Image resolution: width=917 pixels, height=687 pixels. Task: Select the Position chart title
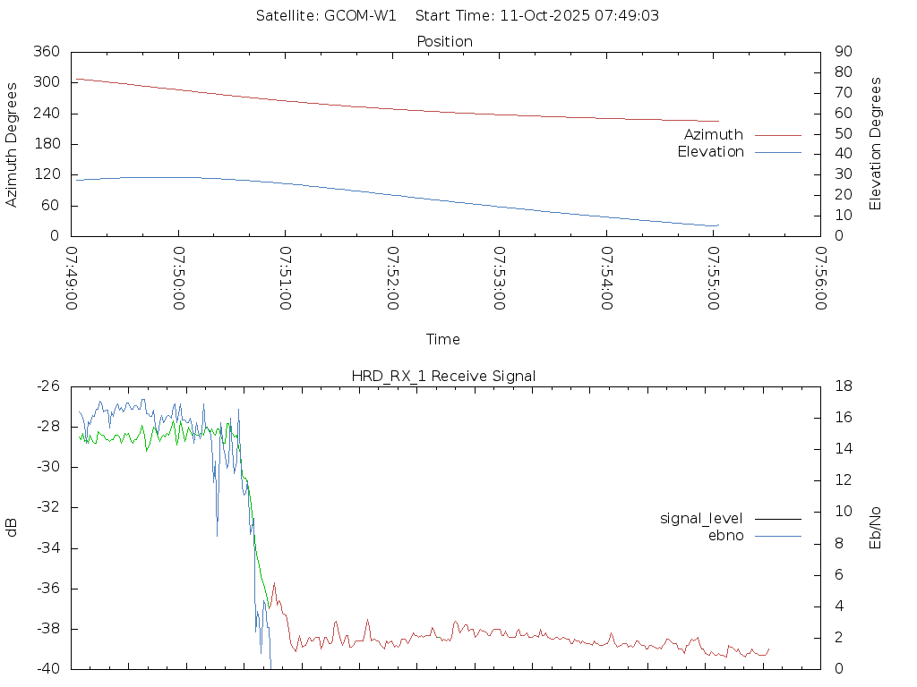(x=445, y=41)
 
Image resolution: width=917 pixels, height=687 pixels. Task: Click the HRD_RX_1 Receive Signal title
(x=443, y=376)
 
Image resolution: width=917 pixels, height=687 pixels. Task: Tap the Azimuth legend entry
(x=714, y=135)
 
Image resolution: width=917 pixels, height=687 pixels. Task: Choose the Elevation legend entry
(x=710, y=152)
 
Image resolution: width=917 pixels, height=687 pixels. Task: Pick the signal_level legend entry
(x=701, y=518)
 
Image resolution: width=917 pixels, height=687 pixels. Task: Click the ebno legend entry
(x=725, y=535)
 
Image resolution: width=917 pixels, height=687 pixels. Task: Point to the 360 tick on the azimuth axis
(x=46, y=52)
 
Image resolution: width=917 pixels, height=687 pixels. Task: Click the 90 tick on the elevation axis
(x=842, y=52)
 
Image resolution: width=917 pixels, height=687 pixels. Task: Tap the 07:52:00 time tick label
(x=392, y=278)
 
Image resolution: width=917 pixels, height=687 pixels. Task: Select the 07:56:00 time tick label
(x=820, y=278)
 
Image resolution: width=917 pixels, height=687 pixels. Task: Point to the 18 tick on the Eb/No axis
(x=844, y=386)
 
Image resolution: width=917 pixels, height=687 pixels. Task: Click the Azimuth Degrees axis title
(x=13, y=144)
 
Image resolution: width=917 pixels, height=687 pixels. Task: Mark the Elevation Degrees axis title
(x=876, y=144)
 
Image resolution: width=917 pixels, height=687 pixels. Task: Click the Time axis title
(x=443, y=339)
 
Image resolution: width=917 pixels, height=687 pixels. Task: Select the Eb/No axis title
(x=876, y=528)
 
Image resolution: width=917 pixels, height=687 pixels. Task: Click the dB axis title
(x=13, y=527)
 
